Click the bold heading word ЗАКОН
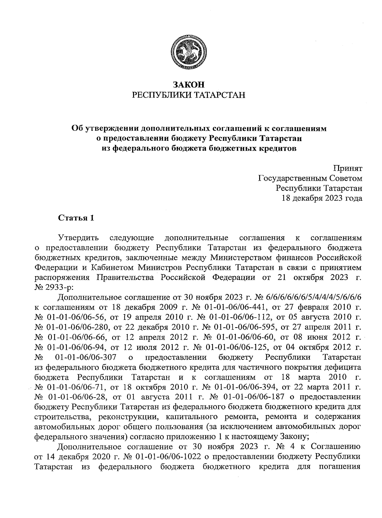(x=188, y=85)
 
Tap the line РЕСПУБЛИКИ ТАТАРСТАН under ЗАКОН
(x=188, y=95)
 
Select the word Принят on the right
(x=347, y=168)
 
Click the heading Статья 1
(x=76, y=218)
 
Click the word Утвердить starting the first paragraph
(x=78, y=238)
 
